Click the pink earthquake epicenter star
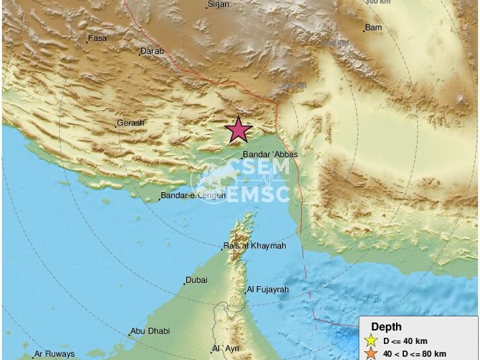tap(238, 130)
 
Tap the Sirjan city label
tap(218, 5)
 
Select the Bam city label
tap(374, 28)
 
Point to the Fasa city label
tap(97, 38)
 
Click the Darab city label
tap(152, 51)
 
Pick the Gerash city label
tap(130, 123)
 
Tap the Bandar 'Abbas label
tap(270, 154)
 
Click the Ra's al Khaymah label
tap(255, 246)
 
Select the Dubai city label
tap(196, 280)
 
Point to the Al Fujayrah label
tap(268, 289)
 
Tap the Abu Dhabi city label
tap(151, 330)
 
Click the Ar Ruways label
tap(54, 354)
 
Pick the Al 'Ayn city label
tap(226, 348)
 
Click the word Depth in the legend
tap(387, 327)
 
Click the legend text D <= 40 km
tap(405, 341)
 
